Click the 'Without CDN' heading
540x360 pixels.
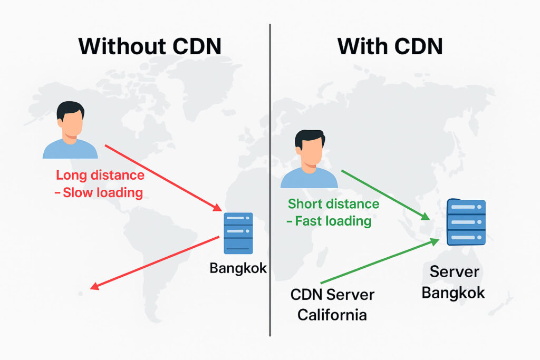tap(149, 46)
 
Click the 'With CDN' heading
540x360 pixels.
tap(390, 46)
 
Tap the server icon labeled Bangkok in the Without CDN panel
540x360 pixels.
tap(238, 233)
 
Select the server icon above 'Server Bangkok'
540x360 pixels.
tap(466, 222)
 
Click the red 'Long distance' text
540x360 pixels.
tap(100, 176)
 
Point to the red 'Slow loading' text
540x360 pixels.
tap(103, 192)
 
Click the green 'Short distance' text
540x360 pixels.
tap(333, 204)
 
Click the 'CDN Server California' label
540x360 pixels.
tap(332, 305)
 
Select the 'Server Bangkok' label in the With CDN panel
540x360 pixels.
tap(453, 283)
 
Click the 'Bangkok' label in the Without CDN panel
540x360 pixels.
tap(238, 268)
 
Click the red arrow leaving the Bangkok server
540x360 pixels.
tap(156, 262)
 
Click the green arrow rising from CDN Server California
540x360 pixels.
tap(380, 261)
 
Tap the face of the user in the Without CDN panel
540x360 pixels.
tap(71, 124)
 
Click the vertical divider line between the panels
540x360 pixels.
tap(270, 179)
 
